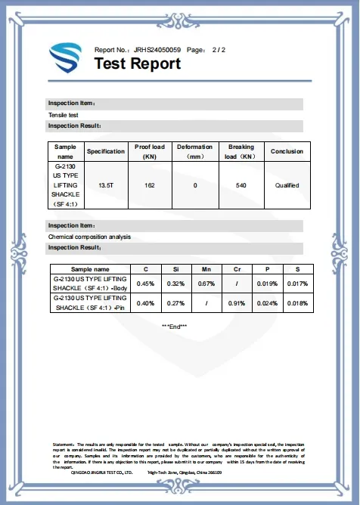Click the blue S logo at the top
65,57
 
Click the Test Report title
137,64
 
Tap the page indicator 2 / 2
218,49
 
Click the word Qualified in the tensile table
287,184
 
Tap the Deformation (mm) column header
195,151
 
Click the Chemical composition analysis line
89,237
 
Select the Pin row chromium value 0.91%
240,303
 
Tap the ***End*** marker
175,326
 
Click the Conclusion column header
287,151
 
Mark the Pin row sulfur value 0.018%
298,303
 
